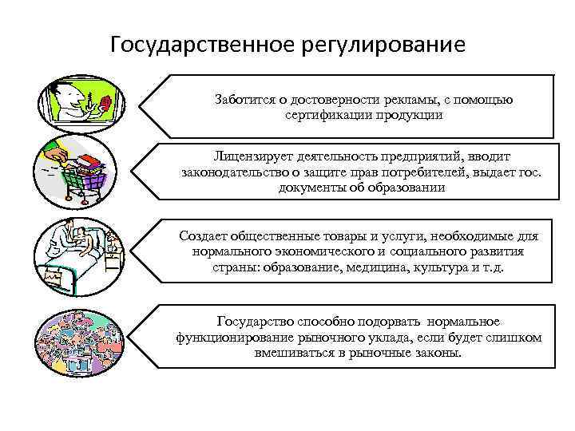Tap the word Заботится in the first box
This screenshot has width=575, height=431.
(241, 100)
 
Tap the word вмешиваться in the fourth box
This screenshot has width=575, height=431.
(297, 351)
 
